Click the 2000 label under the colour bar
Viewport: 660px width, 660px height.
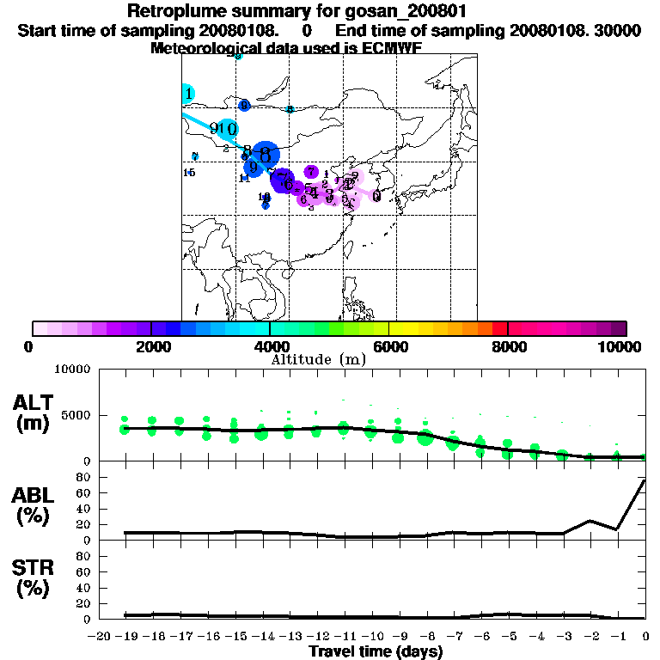tap(151, 346)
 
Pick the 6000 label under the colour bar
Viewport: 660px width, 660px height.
tap(389, 346)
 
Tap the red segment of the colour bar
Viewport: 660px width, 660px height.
tap(499, 328)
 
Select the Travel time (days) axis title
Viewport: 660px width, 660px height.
tap(376, 651)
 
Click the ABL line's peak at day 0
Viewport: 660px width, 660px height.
tap(645, 480)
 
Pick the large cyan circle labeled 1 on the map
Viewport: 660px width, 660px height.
tap(187, 94)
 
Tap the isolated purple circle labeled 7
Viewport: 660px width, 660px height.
tap(311, 172)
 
